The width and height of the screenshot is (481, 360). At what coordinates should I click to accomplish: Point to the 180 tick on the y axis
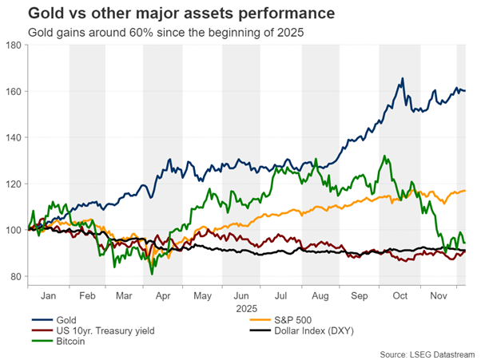[x=14, y=45]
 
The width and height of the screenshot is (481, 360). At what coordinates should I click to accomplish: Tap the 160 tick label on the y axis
[x=14, y=92]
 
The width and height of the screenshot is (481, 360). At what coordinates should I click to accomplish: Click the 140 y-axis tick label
[x=14, y=138]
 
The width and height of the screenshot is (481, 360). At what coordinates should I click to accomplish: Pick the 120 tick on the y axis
[x=14, y=184]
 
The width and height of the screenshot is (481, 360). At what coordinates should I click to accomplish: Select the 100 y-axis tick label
[x=14, y=231]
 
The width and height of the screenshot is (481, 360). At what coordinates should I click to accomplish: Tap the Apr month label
[x=164, y=294]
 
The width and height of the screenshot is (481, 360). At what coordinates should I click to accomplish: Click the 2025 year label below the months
[x=245, y=306]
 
